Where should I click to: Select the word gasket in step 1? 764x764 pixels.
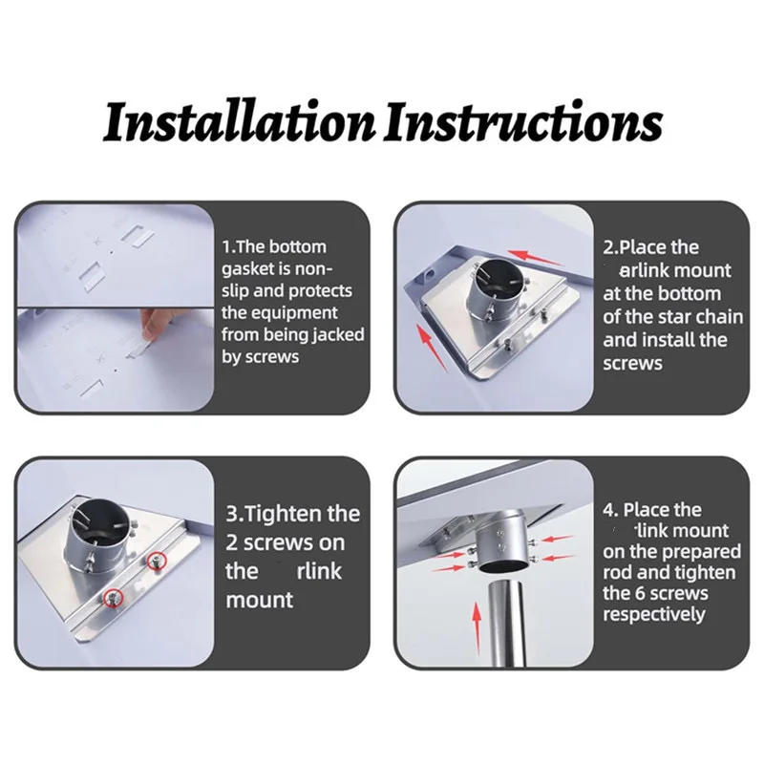tap(249, 268)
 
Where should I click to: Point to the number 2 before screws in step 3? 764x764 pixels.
tap(234, 542)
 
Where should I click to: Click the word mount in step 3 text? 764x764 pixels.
tap(260, 600)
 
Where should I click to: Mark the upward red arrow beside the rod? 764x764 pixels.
tap(475, 626)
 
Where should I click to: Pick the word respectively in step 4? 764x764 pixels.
tap(653, 614)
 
